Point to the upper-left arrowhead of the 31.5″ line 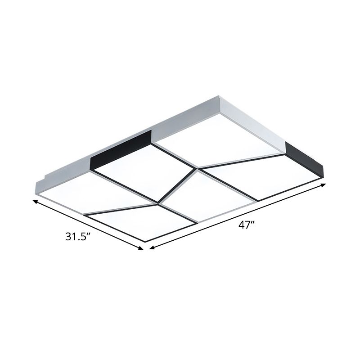click(35, 202)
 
